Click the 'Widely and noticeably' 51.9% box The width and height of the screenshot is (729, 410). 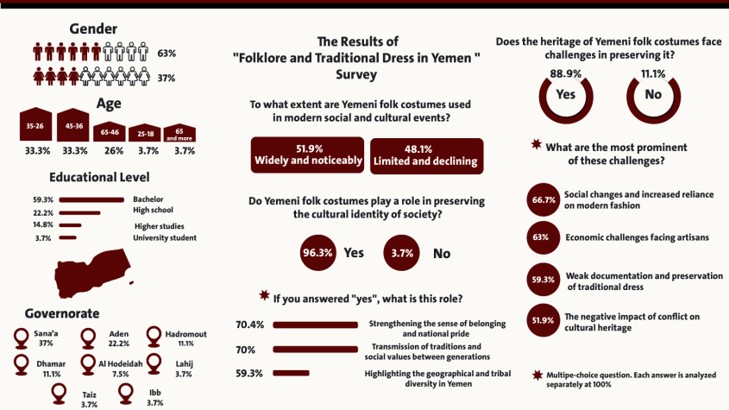pos(307,155)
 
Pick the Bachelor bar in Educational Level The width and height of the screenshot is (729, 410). pos(94,200)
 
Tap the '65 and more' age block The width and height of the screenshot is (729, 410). pos(179,134)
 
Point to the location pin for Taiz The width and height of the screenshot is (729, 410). pos(59,393)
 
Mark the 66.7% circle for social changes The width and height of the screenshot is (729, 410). pos(542,200)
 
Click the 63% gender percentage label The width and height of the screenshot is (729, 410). pos(167,54)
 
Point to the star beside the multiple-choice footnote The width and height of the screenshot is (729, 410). pos(538,375)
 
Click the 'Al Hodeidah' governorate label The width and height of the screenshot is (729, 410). pos(108,364)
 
